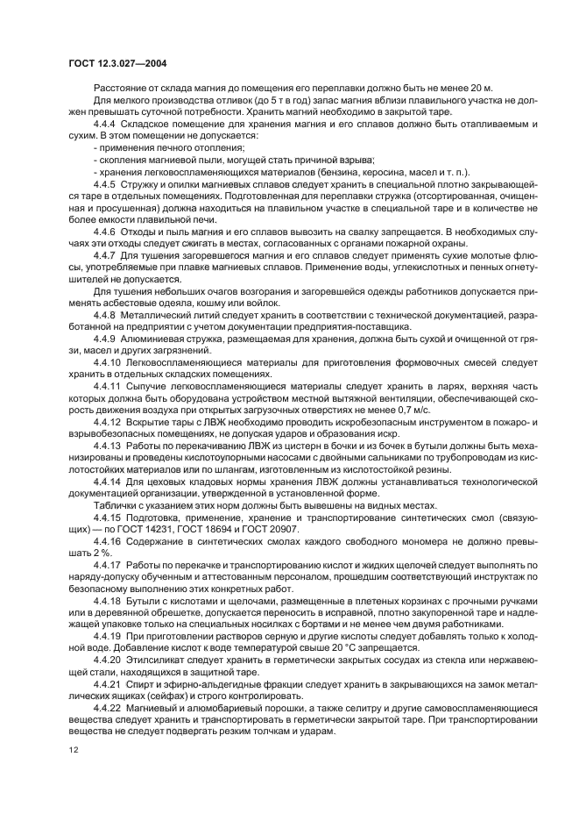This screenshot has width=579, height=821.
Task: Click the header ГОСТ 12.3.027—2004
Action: [118, 63]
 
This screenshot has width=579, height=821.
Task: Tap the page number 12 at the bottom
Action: [73, 749]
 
